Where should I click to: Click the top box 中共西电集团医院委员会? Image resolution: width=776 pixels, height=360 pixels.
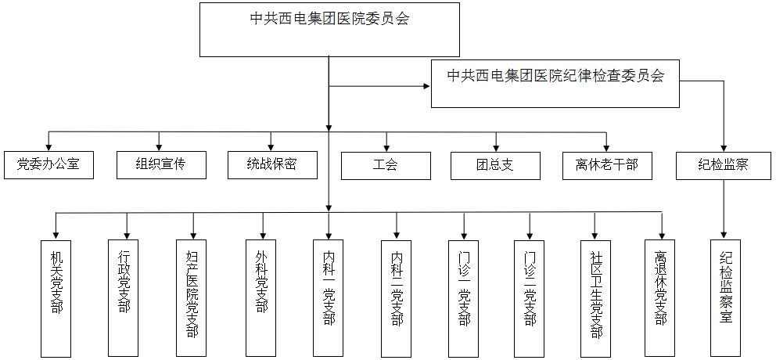[x=329, y=30]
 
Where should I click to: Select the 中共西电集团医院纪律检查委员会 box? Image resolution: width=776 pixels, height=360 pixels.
[x=555, y=83]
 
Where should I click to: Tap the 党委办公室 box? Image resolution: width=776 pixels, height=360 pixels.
[x=48, y=165]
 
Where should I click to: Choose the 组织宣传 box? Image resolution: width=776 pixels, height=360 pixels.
[x=160, y=165]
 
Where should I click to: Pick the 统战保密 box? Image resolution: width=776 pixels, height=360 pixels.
[x=271, y=165]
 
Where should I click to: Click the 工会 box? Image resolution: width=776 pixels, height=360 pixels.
[x=386, y=165]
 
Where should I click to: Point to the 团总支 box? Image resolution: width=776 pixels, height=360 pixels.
[x=496, y=165]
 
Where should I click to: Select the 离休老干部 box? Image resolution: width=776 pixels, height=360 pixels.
[x=607, y=165]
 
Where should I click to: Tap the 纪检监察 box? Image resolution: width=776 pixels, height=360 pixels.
[x=724, y=165]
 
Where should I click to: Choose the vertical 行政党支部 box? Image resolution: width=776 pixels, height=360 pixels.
[x=125, y=297]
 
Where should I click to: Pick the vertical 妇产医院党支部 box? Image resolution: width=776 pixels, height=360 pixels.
[x=193, y=297]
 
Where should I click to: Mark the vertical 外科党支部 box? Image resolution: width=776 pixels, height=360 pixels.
[x=261, y=297]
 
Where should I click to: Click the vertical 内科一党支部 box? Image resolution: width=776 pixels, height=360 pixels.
[x=329, y=297]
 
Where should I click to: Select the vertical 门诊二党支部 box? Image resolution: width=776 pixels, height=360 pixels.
[x=533, y=297]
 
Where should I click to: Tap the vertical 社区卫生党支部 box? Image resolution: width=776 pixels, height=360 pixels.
[x=596, y=297]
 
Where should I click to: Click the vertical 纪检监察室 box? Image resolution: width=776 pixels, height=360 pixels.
[x=724, y=297]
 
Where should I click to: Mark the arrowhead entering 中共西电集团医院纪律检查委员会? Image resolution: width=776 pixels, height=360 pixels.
[x=427, y=83]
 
